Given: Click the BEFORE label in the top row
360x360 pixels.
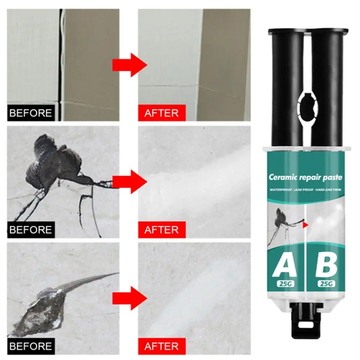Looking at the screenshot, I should tap(31, 113).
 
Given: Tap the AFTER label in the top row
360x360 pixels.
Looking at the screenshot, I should tap(162, 113).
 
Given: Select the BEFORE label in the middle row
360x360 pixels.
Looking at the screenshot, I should tap(31, 230).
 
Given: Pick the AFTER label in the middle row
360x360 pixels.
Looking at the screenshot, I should tap(162, 230).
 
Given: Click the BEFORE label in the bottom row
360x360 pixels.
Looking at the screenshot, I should tap(31, 346).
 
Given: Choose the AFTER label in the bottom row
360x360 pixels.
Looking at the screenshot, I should tap(162, 346).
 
